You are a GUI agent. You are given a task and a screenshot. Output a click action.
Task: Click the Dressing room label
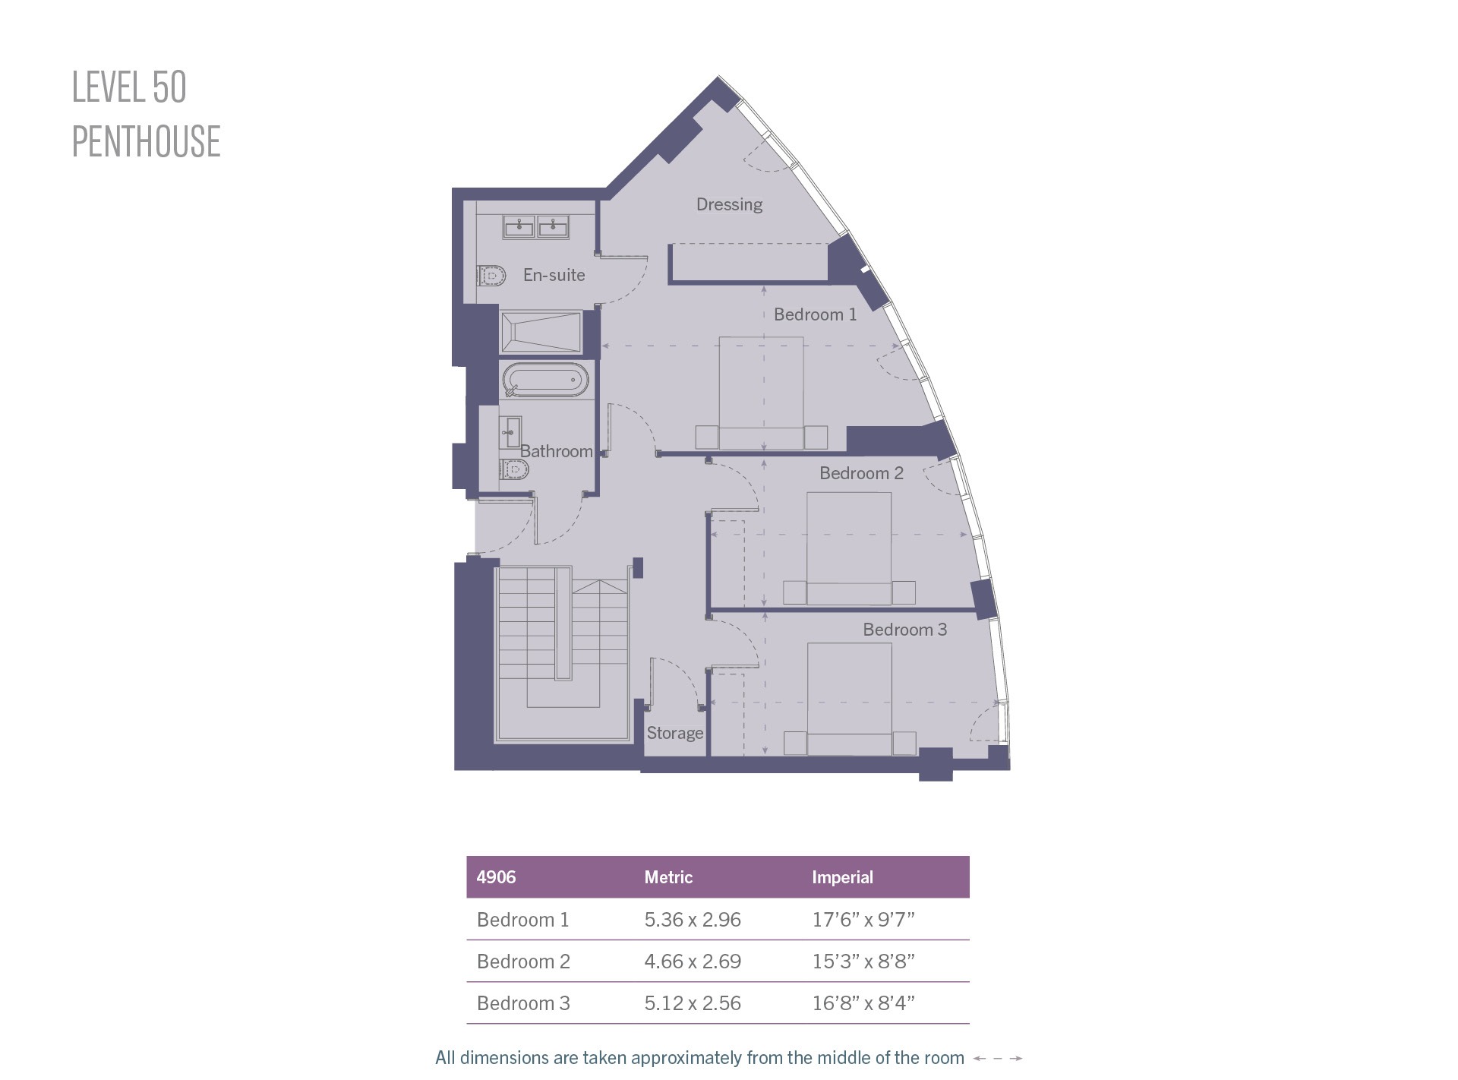coord(729,204)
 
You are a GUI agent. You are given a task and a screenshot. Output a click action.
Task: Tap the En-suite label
coord(554,275)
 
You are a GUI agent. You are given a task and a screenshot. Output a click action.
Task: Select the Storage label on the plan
coord(674,733)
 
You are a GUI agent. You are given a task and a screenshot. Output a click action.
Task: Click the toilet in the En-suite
coord(492,274)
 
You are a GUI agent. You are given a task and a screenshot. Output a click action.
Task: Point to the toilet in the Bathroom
coord(514,469)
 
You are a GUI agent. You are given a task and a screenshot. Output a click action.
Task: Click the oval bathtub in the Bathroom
coord(544,381)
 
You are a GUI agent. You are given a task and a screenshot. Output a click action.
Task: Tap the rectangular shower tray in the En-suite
coord(541,332)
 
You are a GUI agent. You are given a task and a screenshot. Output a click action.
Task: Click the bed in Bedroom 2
coord(848,548)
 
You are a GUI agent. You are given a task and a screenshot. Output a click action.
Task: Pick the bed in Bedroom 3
coord(849,699)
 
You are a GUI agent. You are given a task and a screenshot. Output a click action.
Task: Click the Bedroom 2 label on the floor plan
coord(861,473)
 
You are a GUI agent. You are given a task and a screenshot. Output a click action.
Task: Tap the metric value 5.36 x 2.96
coord(693,920)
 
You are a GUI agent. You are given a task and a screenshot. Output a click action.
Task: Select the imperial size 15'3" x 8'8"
coord(863,962)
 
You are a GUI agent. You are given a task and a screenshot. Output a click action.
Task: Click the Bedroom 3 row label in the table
coord(523,1003)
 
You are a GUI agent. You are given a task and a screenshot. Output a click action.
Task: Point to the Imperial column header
coord(842,877)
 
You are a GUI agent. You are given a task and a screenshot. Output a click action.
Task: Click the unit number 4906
coord(496,877)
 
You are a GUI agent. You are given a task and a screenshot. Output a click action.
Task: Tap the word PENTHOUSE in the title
coord(147,141)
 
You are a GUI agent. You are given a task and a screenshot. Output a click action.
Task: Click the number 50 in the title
coord(169,87)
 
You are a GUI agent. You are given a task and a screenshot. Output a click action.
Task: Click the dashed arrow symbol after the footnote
coord(998,1058)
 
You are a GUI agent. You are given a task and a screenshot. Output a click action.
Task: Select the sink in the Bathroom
coord(510,433)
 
